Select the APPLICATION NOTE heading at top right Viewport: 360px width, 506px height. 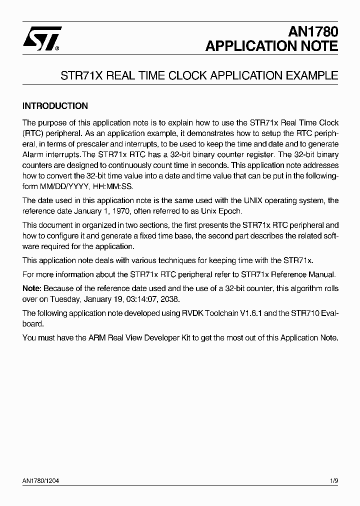tap(272, 46)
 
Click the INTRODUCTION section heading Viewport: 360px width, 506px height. tap(55, 106)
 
